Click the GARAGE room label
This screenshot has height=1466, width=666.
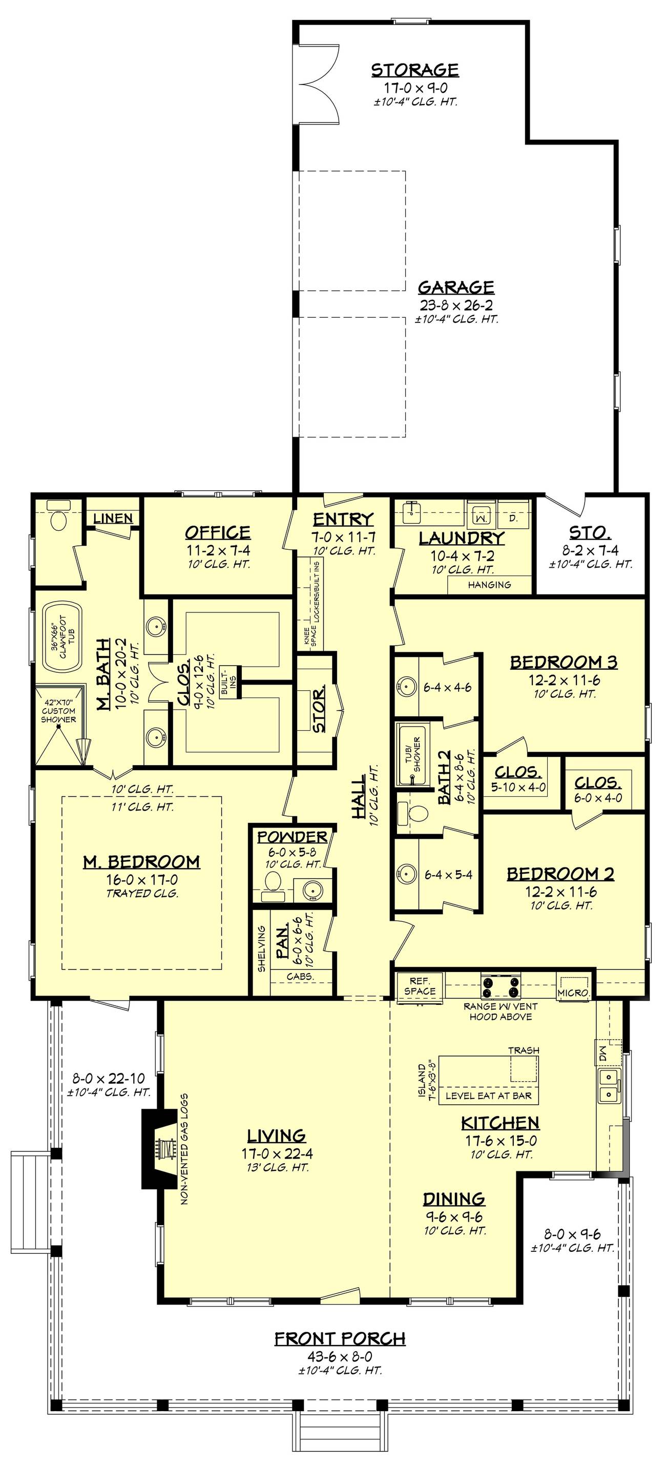coord(456,287)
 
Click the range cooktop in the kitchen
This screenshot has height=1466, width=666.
coord(501,986)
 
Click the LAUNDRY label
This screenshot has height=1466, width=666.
coord(462,538)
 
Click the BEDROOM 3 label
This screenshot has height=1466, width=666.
coord(563,663)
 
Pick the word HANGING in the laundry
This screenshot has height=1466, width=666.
coord(489,585)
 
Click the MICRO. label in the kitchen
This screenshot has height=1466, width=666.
coord(573,993)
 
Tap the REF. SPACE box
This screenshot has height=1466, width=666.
coord(420,986)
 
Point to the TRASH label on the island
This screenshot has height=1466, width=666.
coord(523,1050)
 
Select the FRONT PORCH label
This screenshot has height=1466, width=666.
coord(340,1339)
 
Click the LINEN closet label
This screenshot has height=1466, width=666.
coord(113,519)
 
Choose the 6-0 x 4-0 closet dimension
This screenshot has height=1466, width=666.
coord(598,798)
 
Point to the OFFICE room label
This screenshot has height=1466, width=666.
coord(217,533)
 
